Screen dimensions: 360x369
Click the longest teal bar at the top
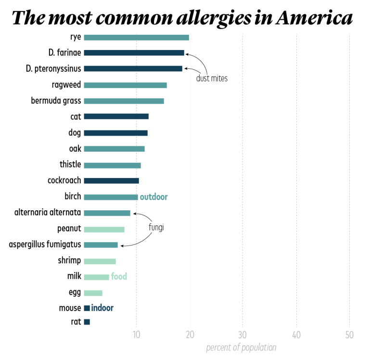[136, 38]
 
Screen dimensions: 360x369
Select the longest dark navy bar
[134, 53]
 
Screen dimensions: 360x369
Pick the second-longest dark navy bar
[133, 69]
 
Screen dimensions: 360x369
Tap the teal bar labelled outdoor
[111, 197]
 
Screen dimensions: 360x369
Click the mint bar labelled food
[96, 277]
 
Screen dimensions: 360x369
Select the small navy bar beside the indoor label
[87, 308]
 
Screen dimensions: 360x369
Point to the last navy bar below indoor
[87, 322]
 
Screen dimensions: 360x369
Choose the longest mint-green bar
[104, 230]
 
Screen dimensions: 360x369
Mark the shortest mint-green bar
[93, 294]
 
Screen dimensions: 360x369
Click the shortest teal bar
[101, 245]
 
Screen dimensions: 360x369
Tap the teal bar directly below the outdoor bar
[107, 213]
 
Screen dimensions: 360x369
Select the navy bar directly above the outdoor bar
[111, 181]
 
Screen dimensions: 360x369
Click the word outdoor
[153, 197]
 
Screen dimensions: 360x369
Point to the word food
[119, 277]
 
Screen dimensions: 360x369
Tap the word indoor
[102, 308]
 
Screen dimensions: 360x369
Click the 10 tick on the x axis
[137, 335]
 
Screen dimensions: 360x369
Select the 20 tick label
[190, 335]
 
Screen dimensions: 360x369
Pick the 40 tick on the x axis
[296, 335]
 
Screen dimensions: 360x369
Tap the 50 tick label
[349, 335]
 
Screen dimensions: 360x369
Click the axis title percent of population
[241, 347]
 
